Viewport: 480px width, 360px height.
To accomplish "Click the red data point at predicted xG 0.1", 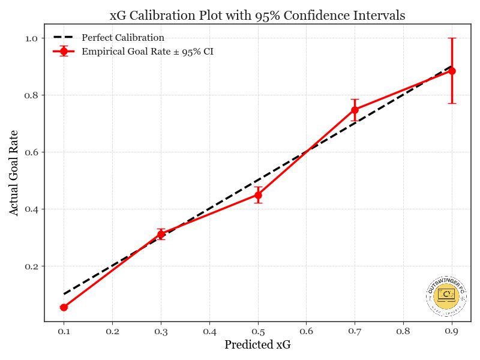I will coord(64,307).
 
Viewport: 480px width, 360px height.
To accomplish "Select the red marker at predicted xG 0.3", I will coord(161,234).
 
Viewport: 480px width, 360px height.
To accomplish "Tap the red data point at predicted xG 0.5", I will coord(258,195).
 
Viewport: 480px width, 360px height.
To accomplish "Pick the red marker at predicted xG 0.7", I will coord(355,110).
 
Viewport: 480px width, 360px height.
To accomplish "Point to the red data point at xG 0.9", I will coord(452,71).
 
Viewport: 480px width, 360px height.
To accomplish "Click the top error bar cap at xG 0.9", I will coord(452,38).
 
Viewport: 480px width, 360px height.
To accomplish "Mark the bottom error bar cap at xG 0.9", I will coord(452,103).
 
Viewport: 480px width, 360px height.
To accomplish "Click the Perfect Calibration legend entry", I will coord(122,38).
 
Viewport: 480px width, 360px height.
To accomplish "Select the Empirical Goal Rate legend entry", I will coord(147,52).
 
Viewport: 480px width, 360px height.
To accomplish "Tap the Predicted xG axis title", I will coord(257,345).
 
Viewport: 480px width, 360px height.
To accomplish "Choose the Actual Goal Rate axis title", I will coord(14,173).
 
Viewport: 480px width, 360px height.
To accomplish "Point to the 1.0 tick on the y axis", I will coord(31,38).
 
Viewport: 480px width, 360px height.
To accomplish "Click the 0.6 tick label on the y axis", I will coord(31,152).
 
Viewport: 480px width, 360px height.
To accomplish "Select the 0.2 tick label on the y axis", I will coord(31,266).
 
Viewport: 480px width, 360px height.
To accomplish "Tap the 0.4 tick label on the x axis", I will coord(209,331).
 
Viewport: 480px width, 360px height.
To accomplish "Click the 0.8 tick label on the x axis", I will coord(403,331).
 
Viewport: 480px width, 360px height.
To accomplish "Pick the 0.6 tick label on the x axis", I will coord(306,331).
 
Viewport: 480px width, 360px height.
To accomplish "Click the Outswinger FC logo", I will coord(446,296).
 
